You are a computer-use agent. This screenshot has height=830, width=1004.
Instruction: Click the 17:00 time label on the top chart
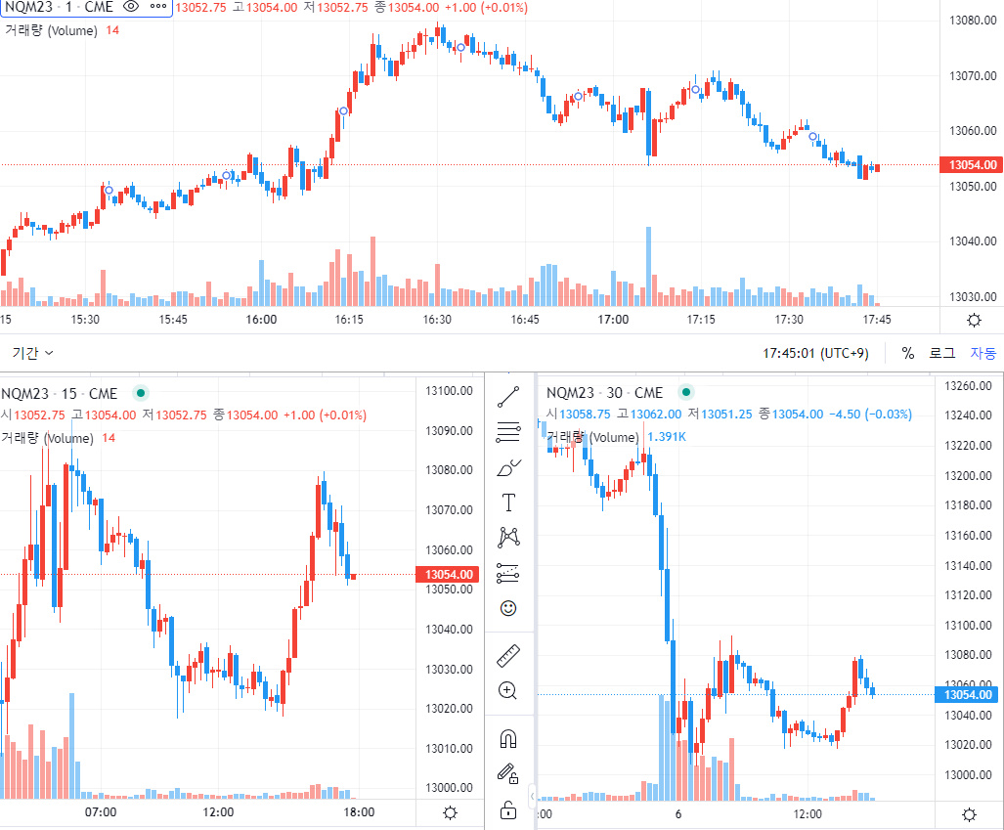click(613, 320)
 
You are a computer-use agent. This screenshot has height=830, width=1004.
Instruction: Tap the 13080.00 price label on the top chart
click(973, 21)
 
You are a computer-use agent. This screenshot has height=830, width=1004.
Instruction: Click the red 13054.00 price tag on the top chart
click(970, 165)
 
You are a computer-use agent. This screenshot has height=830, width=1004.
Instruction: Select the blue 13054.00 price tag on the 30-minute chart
click(970, 694)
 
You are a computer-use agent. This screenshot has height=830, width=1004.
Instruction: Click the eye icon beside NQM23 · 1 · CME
click(131, 7)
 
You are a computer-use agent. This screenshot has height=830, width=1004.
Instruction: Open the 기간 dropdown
click(33, 353)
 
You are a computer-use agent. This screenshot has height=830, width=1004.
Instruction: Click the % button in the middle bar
click(908, 353)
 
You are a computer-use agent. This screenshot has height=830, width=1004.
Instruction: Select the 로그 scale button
click(941, 353)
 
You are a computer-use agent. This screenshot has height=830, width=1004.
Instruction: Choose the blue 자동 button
click(982, 353)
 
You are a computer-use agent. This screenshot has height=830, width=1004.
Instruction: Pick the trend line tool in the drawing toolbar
click(508, 397)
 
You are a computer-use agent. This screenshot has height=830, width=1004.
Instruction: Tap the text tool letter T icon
click(508, 502)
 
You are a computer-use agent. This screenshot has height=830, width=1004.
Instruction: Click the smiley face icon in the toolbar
click(508, 608)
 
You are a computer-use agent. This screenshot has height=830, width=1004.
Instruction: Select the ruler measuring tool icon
click(508, 655)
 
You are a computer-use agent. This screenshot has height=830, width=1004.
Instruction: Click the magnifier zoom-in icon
click(508, 690)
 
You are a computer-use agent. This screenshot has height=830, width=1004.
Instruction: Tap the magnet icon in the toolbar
click(508, 738)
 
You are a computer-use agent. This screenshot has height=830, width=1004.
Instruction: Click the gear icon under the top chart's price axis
click(974, 320)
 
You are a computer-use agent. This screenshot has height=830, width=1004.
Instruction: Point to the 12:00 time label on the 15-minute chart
click(218, 812)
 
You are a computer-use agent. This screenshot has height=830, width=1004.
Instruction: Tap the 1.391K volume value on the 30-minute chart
click(667, 437)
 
